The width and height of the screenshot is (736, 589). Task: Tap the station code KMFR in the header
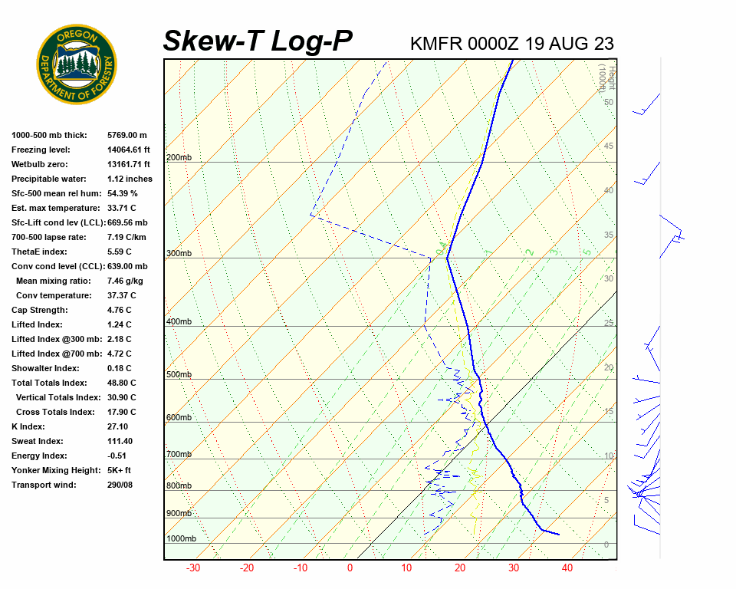(435, 44)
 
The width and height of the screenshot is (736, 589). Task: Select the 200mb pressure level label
(179, 157)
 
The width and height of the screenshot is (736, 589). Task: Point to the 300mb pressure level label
(179, 253)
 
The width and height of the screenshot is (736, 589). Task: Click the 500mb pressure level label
(179, 374)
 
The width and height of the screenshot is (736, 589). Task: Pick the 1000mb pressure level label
(181, 538)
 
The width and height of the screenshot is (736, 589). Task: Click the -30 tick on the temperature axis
(193, 568)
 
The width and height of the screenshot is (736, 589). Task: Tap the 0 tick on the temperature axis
(350, 568)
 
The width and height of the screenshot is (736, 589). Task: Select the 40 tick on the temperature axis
(567, 568)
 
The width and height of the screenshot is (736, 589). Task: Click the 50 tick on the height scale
(609, 102)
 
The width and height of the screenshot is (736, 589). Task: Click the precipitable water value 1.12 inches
(130, 179)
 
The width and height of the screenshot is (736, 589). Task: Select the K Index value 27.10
(118, 426)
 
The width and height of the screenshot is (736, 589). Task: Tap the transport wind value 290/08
(120, 485)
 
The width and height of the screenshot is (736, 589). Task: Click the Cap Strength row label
(40, 310)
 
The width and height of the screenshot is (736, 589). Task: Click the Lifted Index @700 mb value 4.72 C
(119, 354)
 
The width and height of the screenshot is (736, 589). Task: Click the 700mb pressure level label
(179, 454)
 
